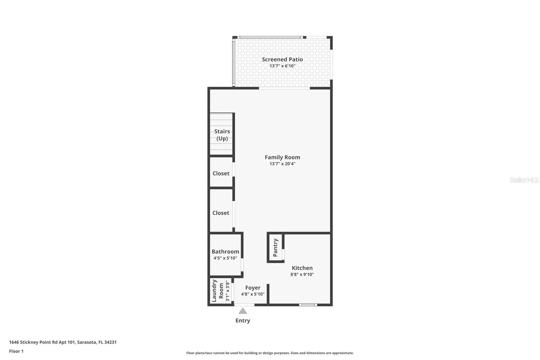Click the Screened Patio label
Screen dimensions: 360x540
282,59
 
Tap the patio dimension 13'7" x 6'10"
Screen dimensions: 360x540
282,66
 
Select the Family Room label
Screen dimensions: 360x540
282,157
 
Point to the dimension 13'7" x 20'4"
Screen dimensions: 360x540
282,164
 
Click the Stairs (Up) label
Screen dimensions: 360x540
222,135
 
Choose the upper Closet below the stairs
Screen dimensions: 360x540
221,173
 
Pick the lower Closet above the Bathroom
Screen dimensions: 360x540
221,213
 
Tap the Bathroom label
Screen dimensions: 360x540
225,252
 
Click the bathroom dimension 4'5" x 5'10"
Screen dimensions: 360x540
225,258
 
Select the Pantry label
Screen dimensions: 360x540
275,248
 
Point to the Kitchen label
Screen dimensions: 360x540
302,268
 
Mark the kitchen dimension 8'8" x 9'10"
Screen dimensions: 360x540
302,275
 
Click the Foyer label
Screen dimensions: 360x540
253,288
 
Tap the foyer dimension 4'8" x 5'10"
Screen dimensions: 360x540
253,294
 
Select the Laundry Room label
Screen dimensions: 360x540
218,291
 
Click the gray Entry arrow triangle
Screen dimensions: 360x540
243,311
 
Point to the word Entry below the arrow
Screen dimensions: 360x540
243,320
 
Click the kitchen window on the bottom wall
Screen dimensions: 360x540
308,305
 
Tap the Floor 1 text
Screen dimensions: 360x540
16,351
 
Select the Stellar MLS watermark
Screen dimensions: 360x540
524,180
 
